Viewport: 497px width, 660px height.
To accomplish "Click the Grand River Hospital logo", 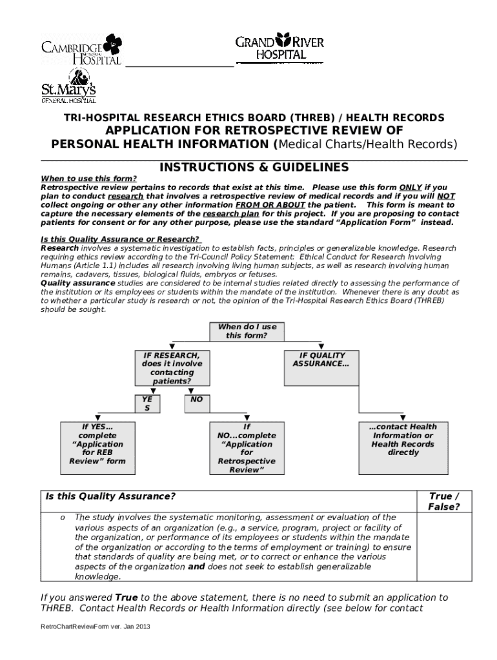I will pos(279,46).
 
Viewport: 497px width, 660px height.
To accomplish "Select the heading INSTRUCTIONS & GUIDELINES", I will pos(254,168).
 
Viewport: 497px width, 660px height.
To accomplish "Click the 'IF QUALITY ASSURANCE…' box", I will pos(321,367).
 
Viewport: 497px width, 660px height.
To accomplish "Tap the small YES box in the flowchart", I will pos(147,403).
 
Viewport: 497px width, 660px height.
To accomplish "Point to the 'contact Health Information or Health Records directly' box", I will pos(403,447).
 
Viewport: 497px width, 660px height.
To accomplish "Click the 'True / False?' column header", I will pos(444,501).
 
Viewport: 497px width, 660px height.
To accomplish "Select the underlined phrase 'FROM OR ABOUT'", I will pos(271,205).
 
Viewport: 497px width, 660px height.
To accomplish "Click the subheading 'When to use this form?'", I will pos(89,179).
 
